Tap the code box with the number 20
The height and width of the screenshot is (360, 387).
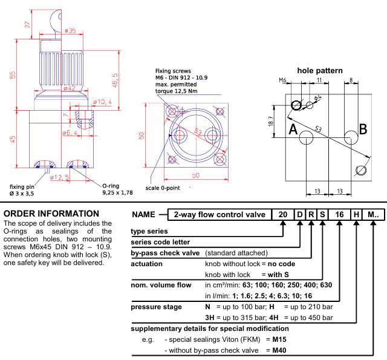(x=283, y=215)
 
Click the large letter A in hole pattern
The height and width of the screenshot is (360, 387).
(x=293, y=129)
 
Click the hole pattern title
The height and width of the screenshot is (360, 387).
(x=320, y=71)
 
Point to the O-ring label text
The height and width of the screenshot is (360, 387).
(x=114, y=186)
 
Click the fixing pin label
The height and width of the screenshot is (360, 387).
(x=24, y=186)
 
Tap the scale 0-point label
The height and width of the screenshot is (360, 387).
(x=160, y=188)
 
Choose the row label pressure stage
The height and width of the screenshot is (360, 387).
(x=157, y=307)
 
